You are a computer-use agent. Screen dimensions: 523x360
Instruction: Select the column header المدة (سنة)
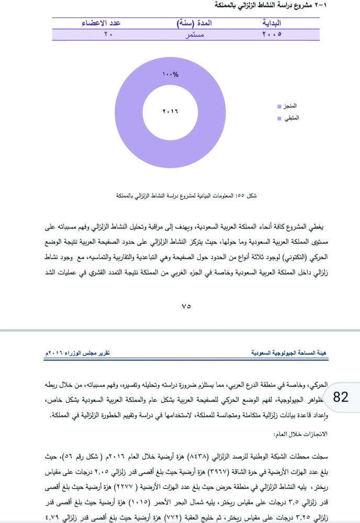pyautogui.click(x=194, y=24)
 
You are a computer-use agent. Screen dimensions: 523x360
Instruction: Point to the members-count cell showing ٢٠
pyautogui.click(x=108, y=35)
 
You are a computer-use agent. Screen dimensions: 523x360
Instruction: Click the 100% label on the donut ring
pyautogui.click(x=171, y=74)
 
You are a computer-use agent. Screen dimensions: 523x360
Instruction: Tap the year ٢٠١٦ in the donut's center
pyautogui.click(x=171, y=112)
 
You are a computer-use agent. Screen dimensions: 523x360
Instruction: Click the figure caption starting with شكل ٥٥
pyautogui.click(x=186, y=196)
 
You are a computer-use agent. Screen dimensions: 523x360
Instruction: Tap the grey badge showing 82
pyautogui.click(x=341, y=396)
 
